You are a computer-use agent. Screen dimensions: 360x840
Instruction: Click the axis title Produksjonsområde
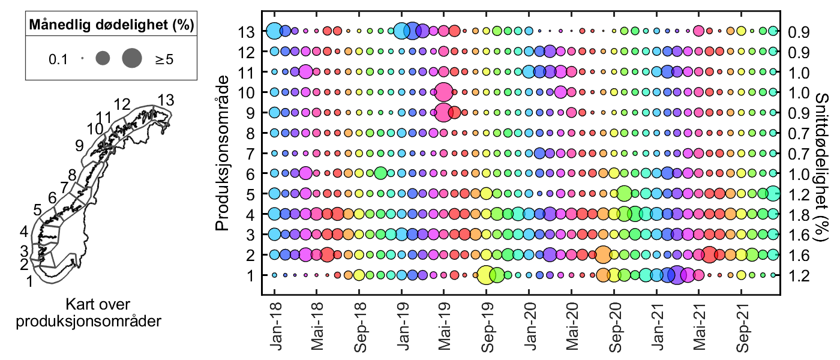point(223,152)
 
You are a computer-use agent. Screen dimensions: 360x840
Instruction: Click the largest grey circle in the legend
point(131,58)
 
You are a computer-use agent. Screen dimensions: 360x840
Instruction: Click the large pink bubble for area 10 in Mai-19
point(443,92)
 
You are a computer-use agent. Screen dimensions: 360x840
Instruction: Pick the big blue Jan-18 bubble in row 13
point(274,30)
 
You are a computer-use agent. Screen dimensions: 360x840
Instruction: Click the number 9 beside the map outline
point(79,145)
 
